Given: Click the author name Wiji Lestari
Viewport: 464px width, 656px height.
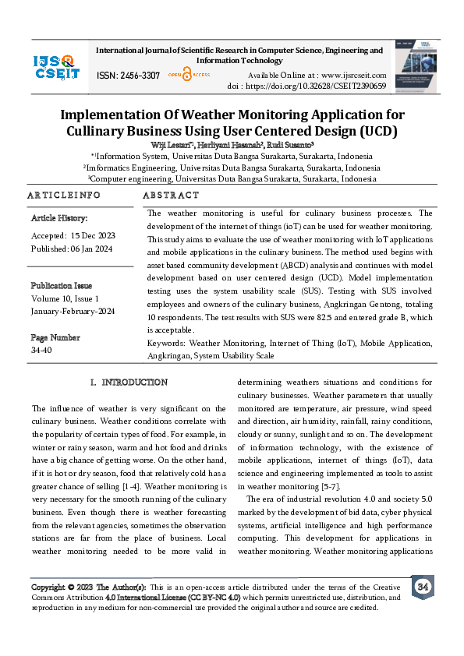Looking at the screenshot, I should click(x=173, y=145).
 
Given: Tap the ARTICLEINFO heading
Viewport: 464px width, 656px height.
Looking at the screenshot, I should click(x=64, y=195).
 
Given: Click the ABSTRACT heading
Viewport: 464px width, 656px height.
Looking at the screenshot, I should click(x=172, y=195).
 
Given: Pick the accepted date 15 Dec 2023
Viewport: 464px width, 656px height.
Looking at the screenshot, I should click(x=93, y=235).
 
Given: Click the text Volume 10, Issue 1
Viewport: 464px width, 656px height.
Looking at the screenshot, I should click(x=65, y=298).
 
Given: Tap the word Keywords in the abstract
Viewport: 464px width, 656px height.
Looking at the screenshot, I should click(x=165, y=343).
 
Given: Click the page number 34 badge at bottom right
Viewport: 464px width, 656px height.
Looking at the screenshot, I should click(x=422, y=587).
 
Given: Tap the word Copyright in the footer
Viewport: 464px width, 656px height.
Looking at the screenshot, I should click(x=48, y=587).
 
